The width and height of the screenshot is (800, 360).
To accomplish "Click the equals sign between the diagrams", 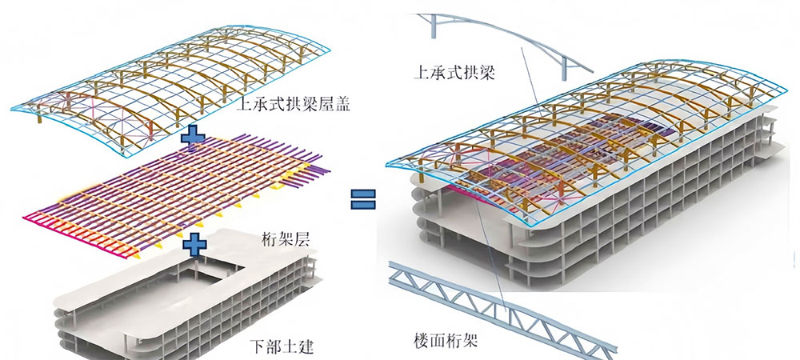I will click(364, 197).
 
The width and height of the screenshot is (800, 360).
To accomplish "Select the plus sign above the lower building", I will click(194, 241).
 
